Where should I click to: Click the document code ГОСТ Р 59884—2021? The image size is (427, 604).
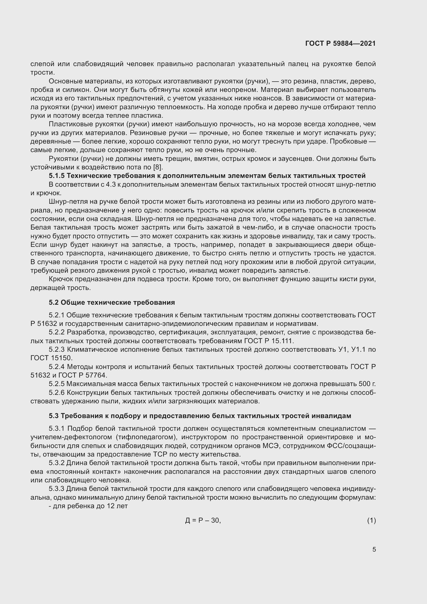click(x=340, y=43)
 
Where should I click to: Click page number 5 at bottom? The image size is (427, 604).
click(x=374, y=549)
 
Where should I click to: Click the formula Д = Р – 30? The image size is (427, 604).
click(x=203, y=520)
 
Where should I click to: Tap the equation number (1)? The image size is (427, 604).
click(x=371, y=520)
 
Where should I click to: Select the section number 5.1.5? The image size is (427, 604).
click(x=57, y=176)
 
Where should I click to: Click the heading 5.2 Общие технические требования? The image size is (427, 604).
click(x=112, y=303)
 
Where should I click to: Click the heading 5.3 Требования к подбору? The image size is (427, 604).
click(x=200, y=416)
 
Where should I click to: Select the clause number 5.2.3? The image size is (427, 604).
click(x=57, y=349)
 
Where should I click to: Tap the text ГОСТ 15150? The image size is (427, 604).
click(x=51, y=358)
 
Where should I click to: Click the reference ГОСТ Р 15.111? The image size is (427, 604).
click(x=268, y=341)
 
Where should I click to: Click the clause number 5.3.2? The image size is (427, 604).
click(x=57, y=463)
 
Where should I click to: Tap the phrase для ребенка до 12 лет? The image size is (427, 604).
click(x=88, y=506)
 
